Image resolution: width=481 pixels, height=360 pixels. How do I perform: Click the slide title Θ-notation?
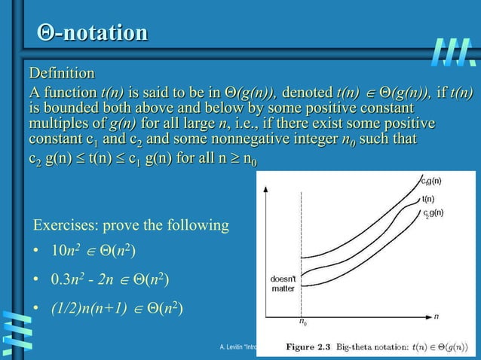tap(92, 34)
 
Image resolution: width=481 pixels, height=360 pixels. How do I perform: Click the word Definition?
tap(62, 73)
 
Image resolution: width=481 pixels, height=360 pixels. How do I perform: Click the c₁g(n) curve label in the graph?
tap(432, 180)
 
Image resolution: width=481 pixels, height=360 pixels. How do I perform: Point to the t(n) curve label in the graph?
tap(428, 199)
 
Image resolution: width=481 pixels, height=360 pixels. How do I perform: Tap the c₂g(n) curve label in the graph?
tap(433, 213)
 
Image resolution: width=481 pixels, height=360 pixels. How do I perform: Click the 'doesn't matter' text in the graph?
tap(282, 282)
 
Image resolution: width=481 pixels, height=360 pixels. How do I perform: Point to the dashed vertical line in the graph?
tap(301, 249)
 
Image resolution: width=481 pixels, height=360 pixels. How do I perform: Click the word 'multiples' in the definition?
tap(58, 124)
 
